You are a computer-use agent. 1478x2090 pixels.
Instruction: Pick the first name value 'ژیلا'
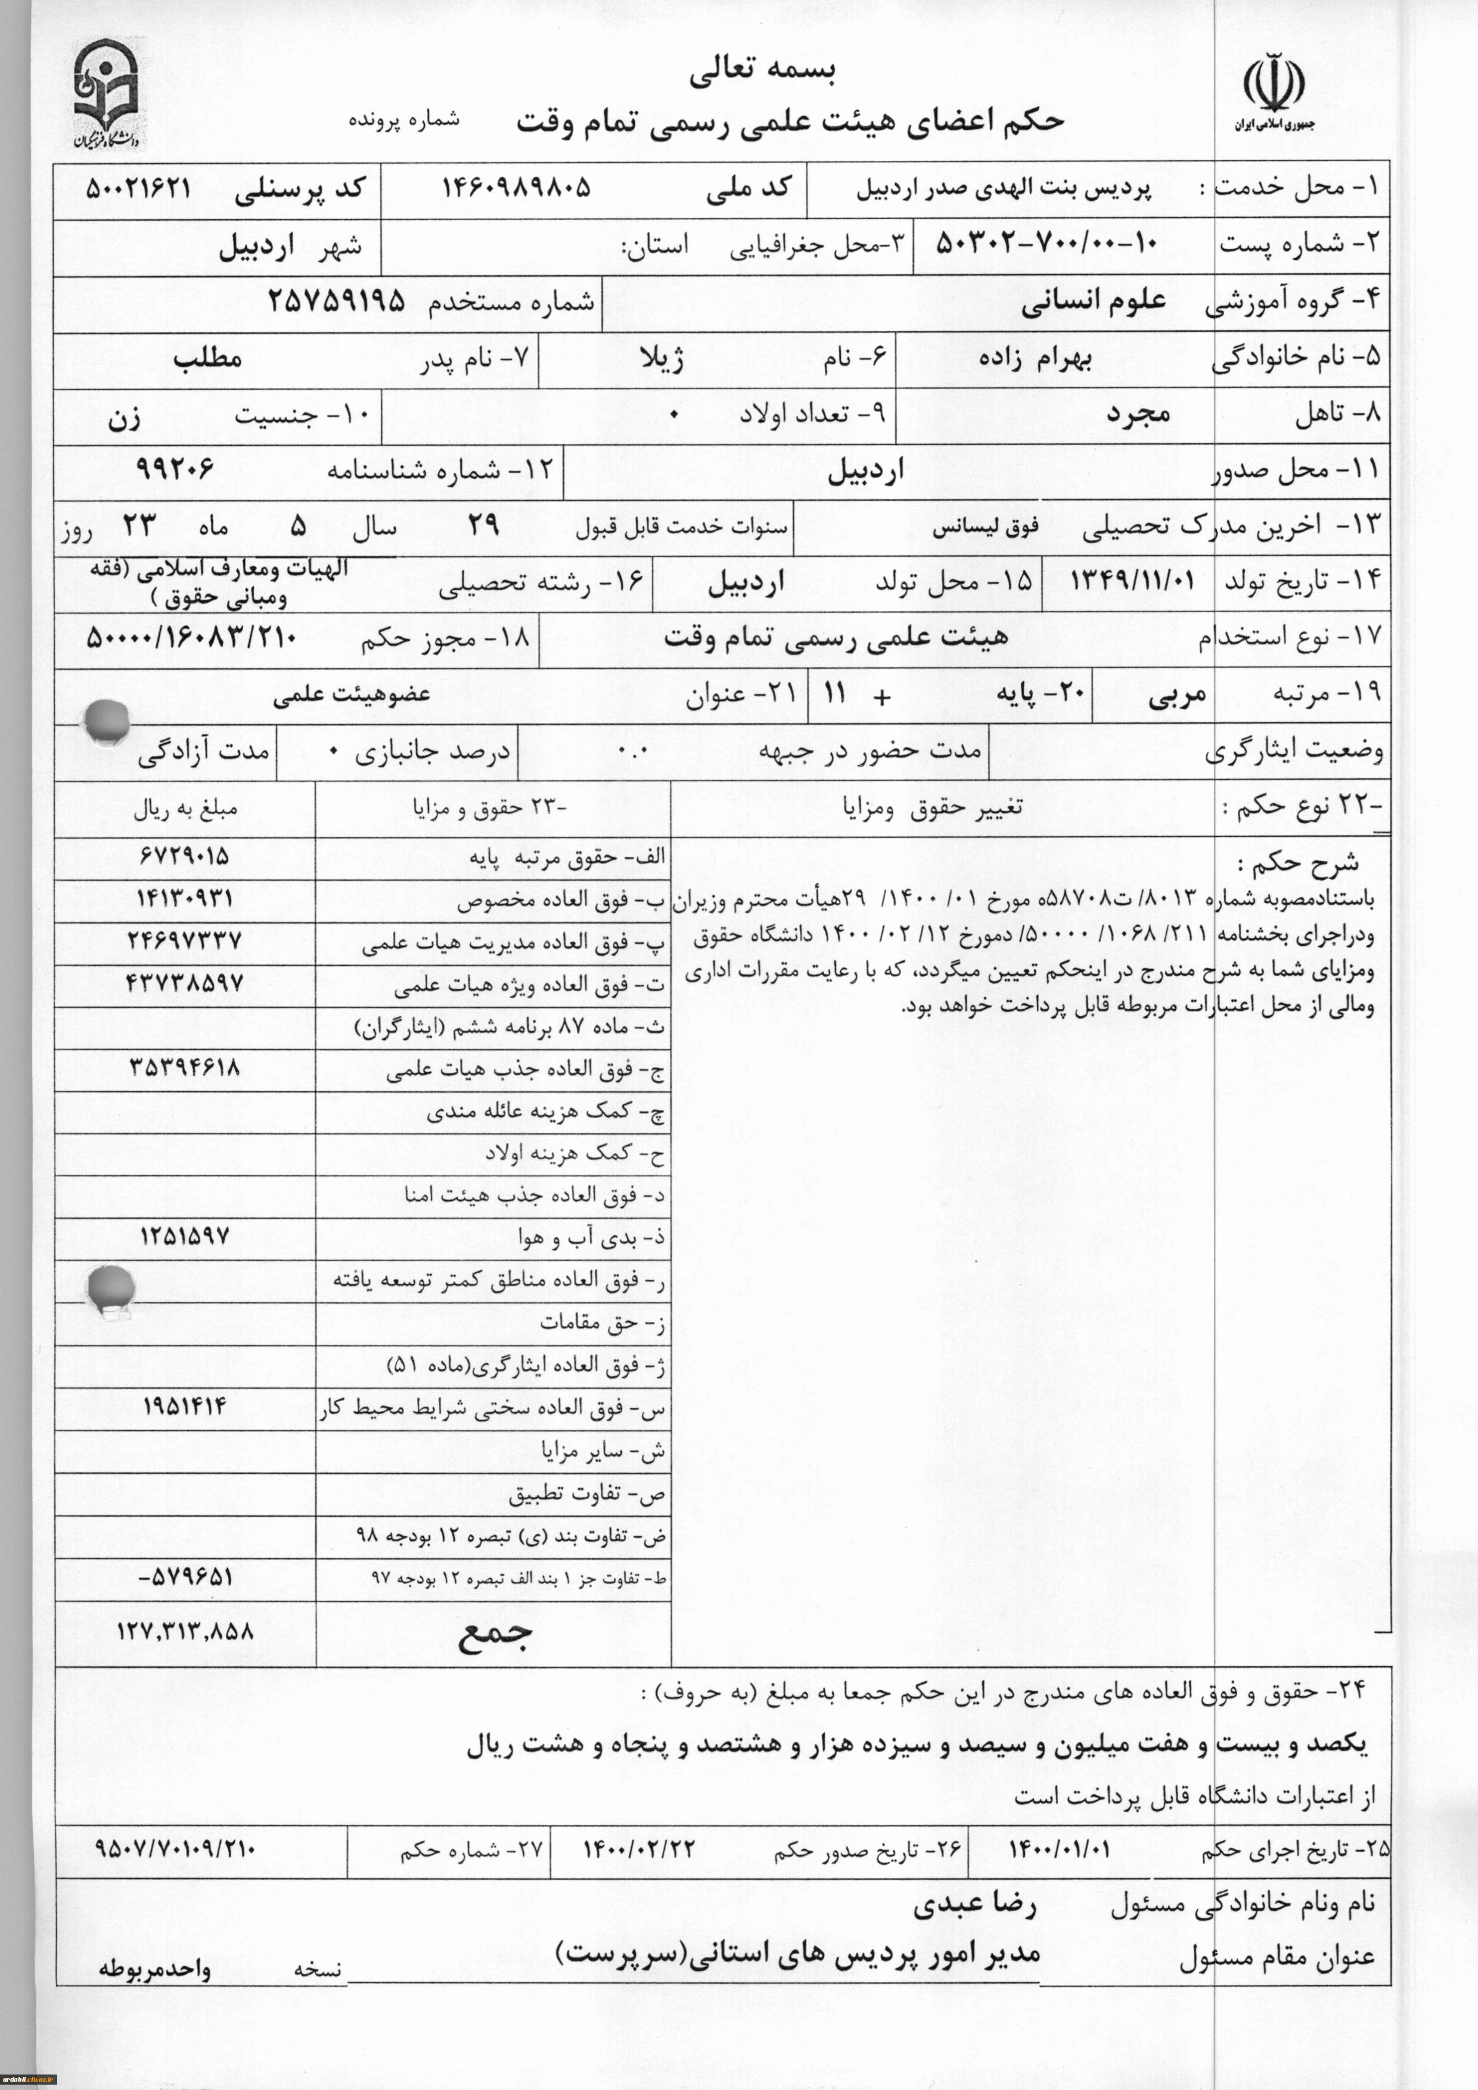tap(663, 358)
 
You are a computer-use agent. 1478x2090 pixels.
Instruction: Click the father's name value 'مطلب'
tap(207, 358)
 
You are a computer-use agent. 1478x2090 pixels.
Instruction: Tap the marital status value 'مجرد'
tap(1138, 414)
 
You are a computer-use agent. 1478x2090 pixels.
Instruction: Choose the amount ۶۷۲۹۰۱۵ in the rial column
tap(185, 856)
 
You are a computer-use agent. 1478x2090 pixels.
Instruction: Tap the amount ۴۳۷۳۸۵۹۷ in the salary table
tap(185, 983)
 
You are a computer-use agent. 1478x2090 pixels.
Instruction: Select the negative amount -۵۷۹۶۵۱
tap(185, 1576)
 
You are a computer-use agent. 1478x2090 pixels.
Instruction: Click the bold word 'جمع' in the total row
tap(494, 1634)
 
